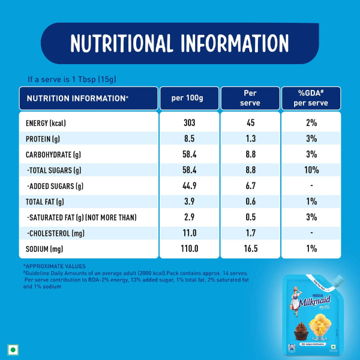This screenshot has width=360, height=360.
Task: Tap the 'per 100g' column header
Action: [x=189, y=98]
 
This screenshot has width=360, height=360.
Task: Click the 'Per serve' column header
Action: [x=250, y=98]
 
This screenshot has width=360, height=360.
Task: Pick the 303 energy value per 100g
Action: [x=189, y=123]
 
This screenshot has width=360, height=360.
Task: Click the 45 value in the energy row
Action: [x=250, y=123]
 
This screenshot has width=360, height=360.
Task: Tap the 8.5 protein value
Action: [x=189, y=139]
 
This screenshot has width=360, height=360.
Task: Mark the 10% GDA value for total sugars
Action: [x=311, y=170]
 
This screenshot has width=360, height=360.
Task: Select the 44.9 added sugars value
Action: [x=189, y=186]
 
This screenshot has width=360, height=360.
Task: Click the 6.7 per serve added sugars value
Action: [x=250, y=186]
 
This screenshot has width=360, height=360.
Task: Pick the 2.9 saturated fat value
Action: [x=189, y=217]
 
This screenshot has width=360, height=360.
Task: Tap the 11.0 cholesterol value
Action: [x=189, y=233]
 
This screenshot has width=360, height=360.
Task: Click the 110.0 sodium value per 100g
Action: [x=189, y=248]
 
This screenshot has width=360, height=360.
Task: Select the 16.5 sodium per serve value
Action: [x=250, y=248]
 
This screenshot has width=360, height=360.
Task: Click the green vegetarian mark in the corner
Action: [x=11, y=349]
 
